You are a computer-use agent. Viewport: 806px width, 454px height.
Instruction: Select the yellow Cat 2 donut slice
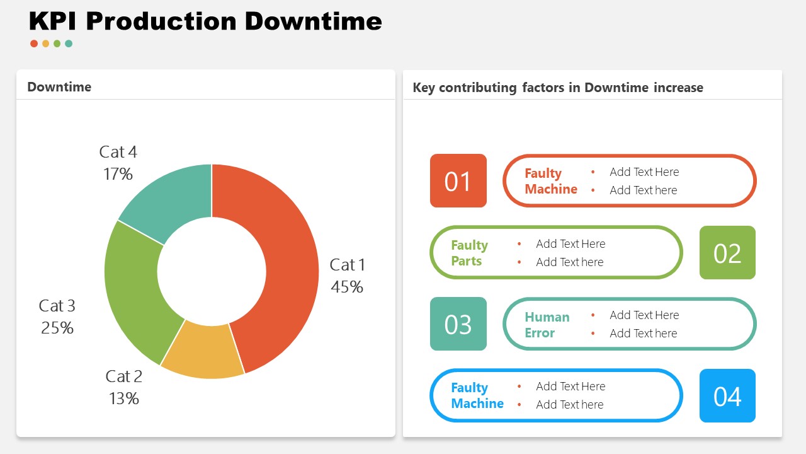pyautogui.click(x=203, y=353)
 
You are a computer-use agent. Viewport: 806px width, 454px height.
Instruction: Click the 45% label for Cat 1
pyautogui.click(x=347, y=287)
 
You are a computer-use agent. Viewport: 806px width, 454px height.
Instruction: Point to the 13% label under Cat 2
pyautogui.click(x=123, y=399)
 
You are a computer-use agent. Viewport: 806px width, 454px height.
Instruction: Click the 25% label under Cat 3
pyautogui.click(x=57, y=328)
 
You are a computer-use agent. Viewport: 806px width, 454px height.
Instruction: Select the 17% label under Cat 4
pyautogui.click(x=118, y=174)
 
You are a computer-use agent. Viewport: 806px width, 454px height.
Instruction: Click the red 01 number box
pyautogui.click(x=458, y=181)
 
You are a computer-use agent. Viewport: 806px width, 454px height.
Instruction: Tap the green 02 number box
pyautogui.click(x=727, y=253)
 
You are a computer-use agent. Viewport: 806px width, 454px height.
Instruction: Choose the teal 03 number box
pyautogui.click(x=458, y=324)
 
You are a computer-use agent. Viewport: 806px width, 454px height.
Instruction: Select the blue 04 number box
pyautogui.click(x=727, y=396)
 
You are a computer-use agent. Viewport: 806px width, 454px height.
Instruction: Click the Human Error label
pyautogui.click(x=547, y=325)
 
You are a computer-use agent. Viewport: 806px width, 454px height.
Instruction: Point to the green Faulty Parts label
pyautogui.click(x=469, y=253)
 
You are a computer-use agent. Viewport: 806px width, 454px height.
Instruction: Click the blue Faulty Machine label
pyautogui.click(x=477, y=395)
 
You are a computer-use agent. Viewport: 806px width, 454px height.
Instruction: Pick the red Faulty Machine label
pyautogui.click(x=550, y=181)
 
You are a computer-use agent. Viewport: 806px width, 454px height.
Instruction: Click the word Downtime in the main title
pyautogui.click(x=313, y=21)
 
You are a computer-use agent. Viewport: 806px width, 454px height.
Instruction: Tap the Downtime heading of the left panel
pyautogui.click(x=59, y=87)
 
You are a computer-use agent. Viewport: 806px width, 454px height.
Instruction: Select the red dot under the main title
pyautogui.click(x=34, y=44)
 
